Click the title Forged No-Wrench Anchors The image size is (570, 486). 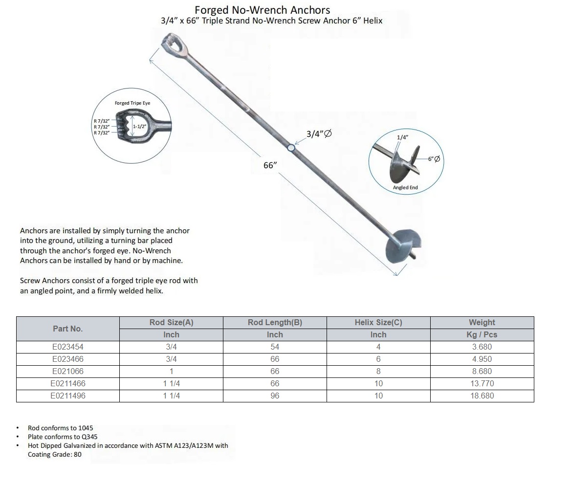coord(262,10)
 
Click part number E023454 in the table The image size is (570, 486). coord(68,347)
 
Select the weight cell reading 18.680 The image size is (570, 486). coord(482,396)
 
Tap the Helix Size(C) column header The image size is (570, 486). coord(378,322)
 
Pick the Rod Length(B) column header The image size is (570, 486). coord(275,322)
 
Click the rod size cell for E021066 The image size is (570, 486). coord(171,371)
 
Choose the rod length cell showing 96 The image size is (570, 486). coord(275,396)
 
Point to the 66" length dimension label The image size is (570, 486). coord(270,165)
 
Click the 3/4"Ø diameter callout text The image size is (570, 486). coord(319,133)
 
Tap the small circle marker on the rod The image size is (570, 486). coord(291,147)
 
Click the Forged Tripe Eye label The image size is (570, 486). coord(132,103)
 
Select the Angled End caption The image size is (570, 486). coord(405,188)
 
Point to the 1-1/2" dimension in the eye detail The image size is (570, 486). coord(140,126)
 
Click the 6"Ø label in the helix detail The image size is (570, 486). coord(434,159)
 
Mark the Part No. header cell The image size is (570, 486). coord(68,329)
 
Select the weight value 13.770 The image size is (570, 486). coord(482,383)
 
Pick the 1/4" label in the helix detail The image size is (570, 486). coord(402,137)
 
